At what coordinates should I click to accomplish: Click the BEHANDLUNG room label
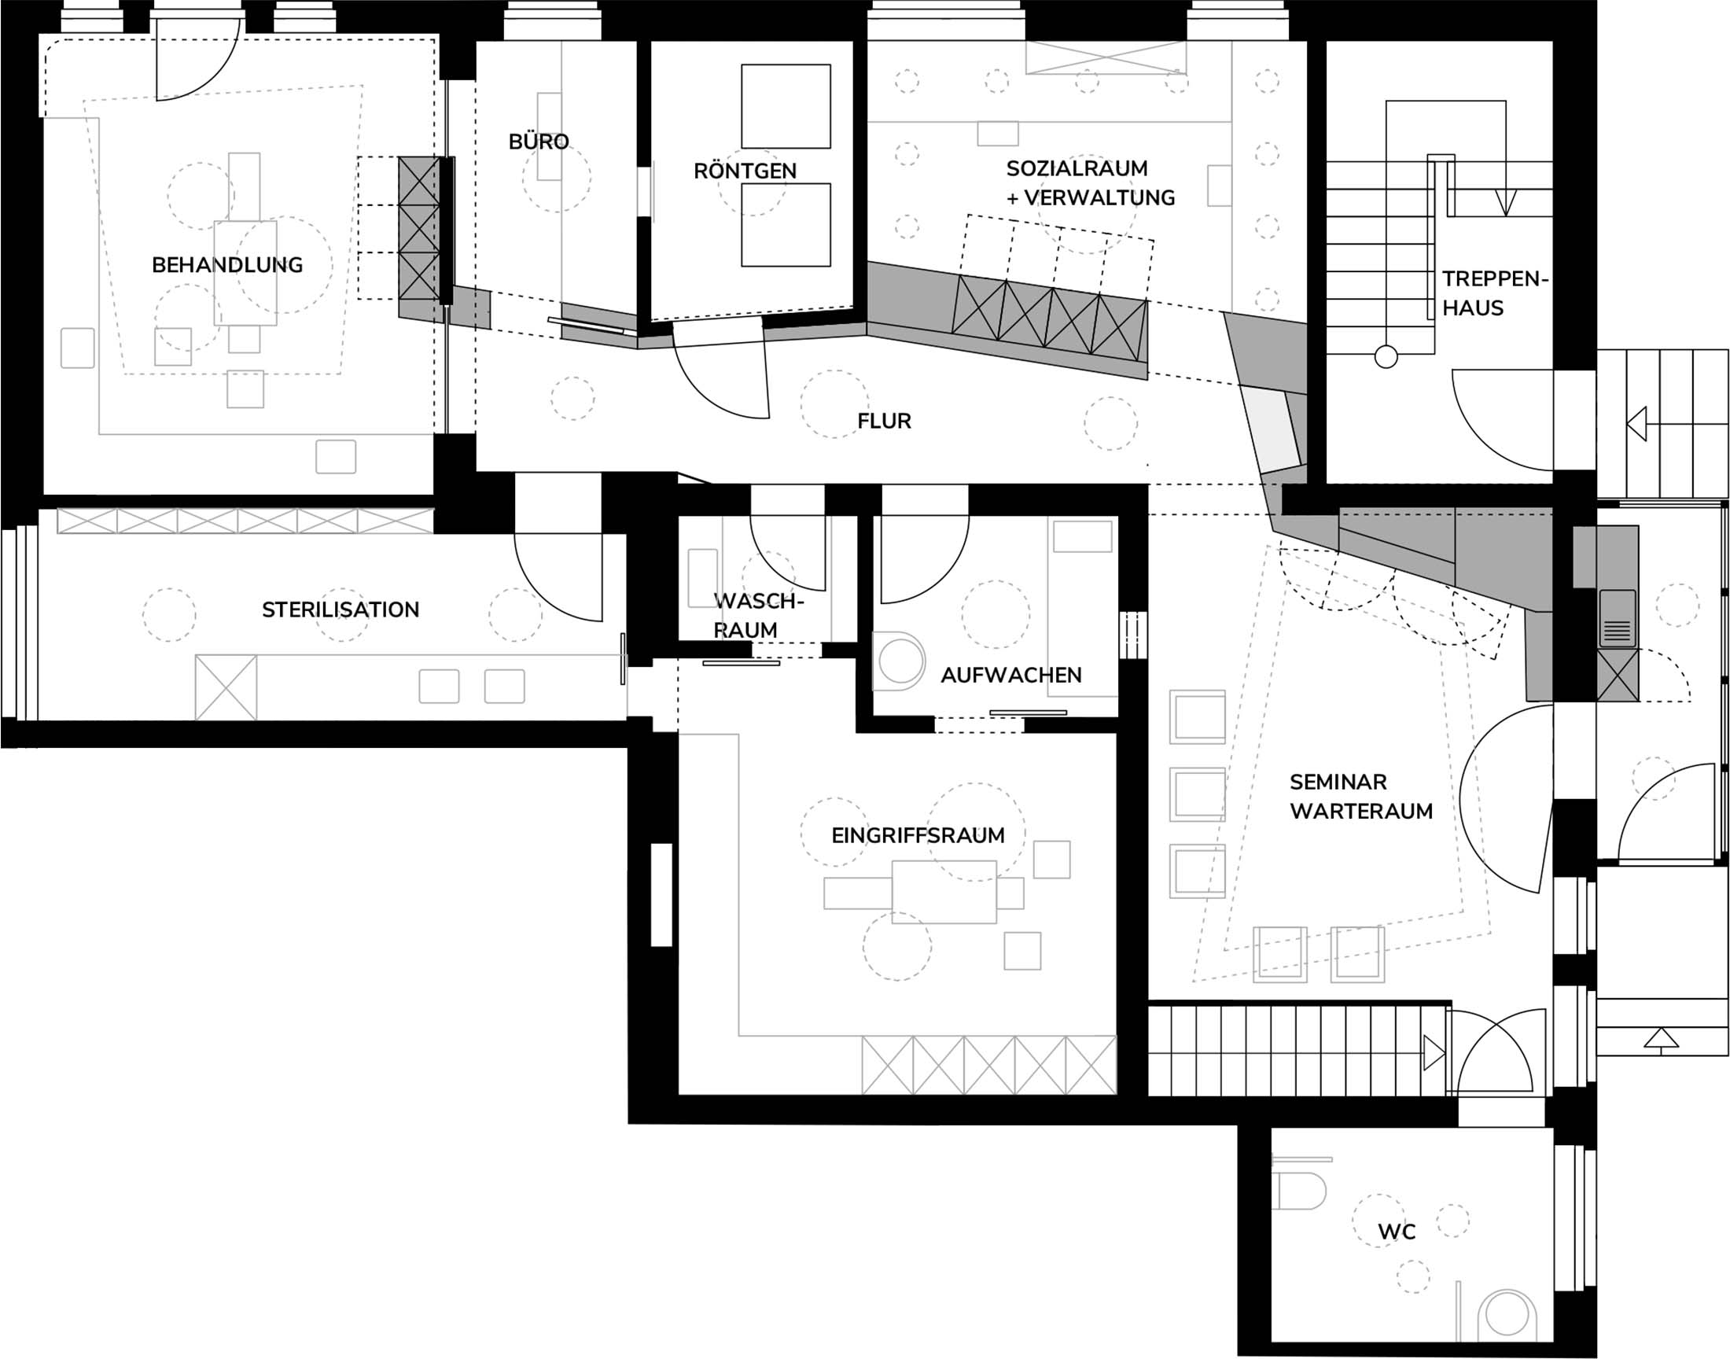point(227,265)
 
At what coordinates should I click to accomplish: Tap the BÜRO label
point(539,142)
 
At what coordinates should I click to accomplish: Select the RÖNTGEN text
point(745,171)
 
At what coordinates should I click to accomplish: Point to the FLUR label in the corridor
point(885,421)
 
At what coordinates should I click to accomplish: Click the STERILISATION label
point(340,610)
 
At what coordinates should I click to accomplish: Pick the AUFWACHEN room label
point(1011,675)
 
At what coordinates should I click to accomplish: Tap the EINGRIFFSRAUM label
point(918,835)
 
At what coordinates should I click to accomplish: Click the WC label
point(1397,1232)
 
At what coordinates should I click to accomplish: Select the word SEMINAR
point(1338,783)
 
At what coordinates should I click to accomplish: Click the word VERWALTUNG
point(1099,197)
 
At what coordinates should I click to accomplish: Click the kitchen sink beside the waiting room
point(1617,618)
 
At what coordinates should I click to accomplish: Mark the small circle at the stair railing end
point(1386,357)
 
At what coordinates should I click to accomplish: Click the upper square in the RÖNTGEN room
point(786,106)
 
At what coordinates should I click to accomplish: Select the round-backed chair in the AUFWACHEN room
point(899,661)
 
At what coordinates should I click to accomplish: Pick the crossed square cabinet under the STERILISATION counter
point(226,687)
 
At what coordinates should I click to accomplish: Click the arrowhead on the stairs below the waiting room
point(1434,1051)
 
